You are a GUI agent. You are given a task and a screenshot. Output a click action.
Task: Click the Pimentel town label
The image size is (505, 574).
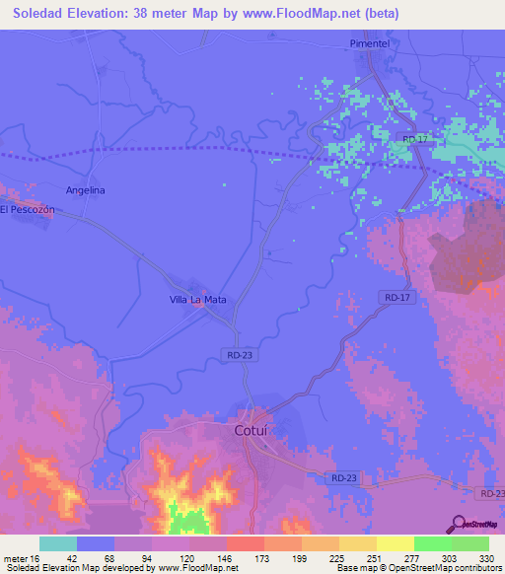[372, 44]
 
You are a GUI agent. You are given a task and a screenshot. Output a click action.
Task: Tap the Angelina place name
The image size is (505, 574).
[85, 189]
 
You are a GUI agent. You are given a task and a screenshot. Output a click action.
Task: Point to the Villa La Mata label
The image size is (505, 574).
[198, 298]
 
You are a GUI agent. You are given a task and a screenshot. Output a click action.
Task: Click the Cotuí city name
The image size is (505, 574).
[252, 431]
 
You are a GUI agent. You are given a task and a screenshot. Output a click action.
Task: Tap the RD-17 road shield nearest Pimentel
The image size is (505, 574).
[414, 140]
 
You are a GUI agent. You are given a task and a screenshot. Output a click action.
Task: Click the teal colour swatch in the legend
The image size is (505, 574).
[57, 543]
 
